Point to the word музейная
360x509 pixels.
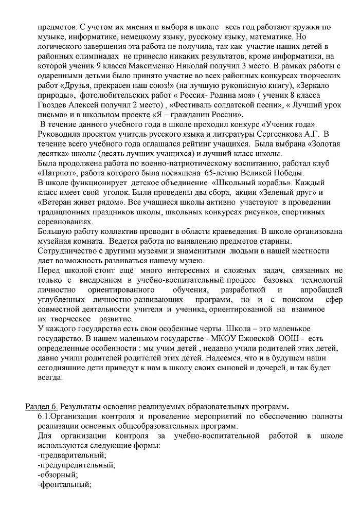coord(56,241)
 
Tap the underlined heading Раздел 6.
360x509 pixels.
coord(42,407)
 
